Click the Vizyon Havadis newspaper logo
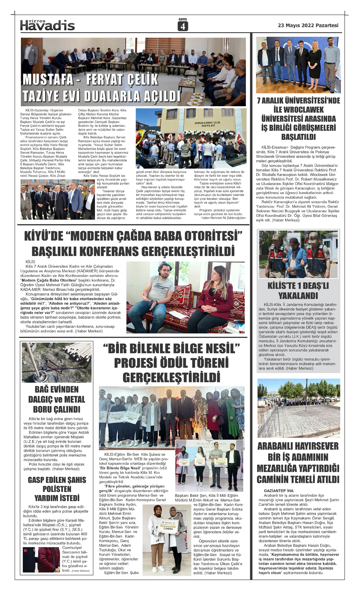coord(47,25)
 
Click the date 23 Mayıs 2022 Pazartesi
coord(308,26)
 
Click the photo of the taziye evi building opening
coord(191,138)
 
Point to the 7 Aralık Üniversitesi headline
coord(298,119)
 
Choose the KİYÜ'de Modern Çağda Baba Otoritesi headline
coord(133,243)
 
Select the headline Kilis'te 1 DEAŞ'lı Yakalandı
coord(298,291)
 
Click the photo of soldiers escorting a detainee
coord(298,254)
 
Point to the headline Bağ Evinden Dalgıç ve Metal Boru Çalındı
coord(57,399)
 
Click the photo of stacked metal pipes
coord(57,362)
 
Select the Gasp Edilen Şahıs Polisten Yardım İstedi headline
coord(57,489)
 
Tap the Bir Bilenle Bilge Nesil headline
coord(171,363)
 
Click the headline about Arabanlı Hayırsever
coord(298,463)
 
